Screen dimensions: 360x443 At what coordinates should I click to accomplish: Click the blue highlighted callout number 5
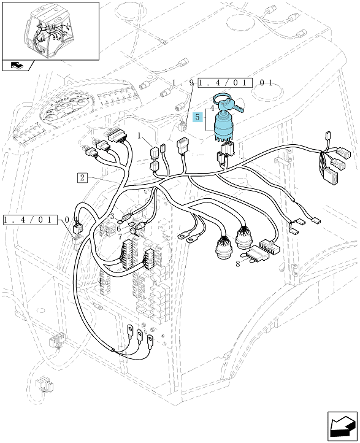click(197, 117)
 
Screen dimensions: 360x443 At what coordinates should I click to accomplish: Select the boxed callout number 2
click(82, 178)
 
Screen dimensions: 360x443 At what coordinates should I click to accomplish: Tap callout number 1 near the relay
click(139, 136)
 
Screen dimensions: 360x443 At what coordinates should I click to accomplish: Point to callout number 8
click(238, 264)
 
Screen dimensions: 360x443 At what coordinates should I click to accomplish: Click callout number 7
click(121, 236)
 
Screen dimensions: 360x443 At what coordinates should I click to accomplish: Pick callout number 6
click(118, 229)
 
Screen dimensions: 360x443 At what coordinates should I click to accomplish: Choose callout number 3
click(112, 217)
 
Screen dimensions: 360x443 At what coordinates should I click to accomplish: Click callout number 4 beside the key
click(212, 108)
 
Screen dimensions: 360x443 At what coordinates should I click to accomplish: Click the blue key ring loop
click(222, 98)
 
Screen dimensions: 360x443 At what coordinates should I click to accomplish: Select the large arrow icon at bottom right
click(342, 426)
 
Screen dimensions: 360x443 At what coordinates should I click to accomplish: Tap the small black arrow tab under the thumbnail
click(18, 65)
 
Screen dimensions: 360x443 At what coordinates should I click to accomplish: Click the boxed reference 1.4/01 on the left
click(30, 220)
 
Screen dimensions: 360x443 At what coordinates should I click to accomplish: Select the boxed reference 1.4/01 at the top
click(225, 83)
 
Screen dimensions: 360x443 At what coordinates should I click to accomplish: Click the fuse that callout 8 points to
click(258, 254)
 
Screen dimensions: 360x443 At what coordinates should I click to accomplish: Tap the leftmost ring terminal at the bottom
click(131, 330)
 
